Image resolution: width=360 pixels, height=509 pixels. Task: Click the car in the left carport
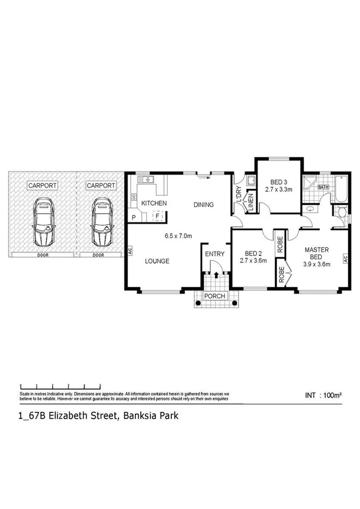pos(44,223)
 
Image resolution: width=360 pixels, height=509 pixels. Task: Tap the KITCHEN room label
pos(153,204)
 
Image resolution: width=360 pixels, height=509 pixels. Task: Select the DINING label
pos(203,205)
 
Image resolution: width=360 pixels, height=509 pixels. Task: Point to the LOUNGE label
pos(156,261)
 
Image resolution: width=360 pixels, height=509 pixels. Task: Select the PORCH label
pos(214,297)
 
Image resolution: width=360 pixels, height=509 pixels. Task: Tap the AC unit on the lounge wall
pos(129,252)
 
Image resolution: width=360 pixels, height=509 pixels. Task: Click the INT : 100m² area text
pos(323,396)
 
